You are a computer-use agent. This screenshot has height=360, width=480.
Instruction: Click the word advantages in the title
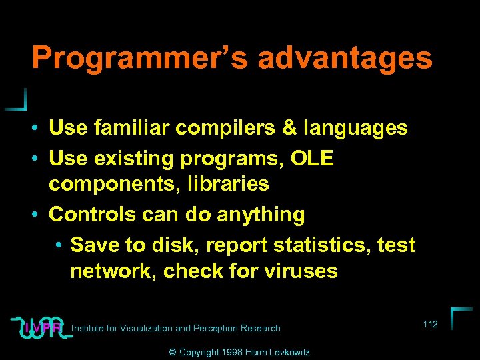pyautogui.click(x=345, y=58)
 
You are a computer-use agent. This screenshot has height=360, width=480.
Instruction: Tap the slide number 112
pyautogui.click(x=430, y=324)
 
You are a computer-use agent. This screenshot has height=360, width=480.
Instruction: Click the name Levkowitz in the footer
pyautogui.click(x=287, y=351)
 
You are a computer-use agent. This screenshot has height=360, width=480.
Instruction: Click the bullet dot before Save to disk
pyautogui.click(x=59, y=245)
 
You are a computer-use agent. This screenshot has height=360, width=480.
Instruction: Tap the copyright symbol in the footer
pyautogui.click(x=172, y=351)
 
